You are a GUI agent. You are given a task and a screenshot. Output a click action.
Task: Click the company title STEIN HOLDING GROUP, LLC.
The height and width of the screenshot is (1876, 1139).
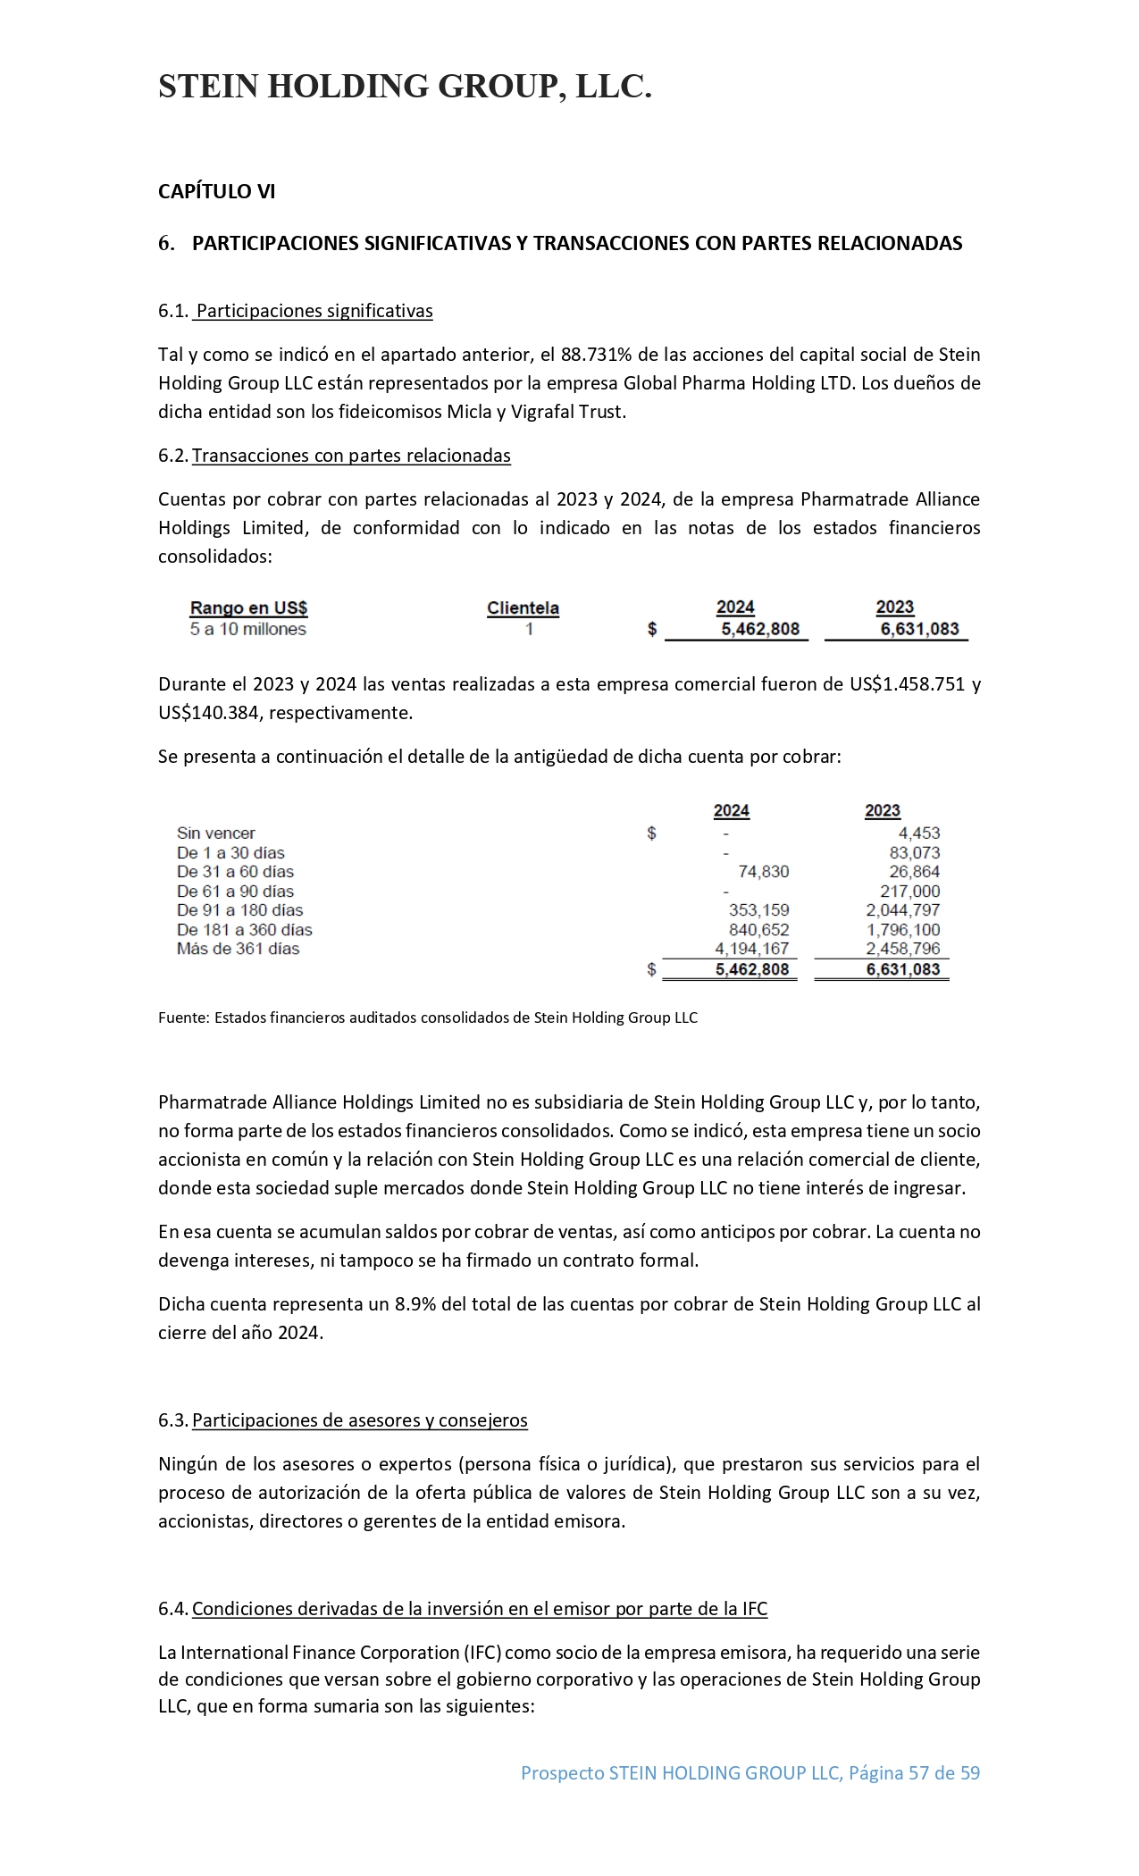tap(405, 87)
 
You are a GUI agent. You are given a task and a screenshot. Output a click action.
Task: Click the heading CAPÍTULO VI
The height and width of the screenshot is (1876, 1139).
tap(216, 191)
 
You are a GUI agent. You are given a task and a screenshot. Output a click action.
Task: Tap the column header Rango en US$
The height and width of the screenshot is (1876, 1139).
tap(248, 608)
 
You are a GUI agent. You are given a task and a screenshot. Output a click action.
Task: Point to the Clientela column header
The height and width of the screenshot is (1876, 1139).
tap(523, 608)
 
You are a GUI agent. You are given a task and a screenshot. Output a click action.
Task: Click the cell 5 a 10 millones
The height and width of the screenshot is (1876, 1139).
tap(247, 629)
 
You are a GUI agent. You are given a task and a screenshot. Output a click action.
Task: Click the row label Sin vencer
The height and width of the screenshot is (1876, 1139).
tap(215, 833)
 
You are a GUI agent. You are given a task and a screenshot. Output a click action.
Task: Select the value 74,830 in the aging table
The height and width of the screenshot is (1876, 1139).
tap(763, 872)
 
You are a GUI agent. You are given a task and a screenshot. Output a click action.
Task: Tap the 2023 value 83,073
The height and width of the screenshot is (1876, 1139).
tap(915, 853)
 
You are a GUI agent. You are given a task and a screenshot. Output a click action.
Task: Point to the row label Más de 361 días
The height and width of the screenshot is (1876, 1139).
tap(238, 949)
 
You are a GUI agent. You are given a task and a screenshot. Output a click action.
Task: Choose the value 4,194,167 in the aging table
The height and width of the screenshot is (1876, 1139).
tap(751, 949)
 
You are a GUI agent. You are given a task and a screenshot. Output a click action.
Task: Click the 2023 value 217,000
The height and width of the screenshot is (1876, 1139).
tap(909, 892)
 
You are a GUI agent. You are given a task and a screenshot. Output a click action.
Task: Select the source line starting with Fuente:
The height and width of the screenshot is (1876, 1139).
tap(427, 1018)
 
